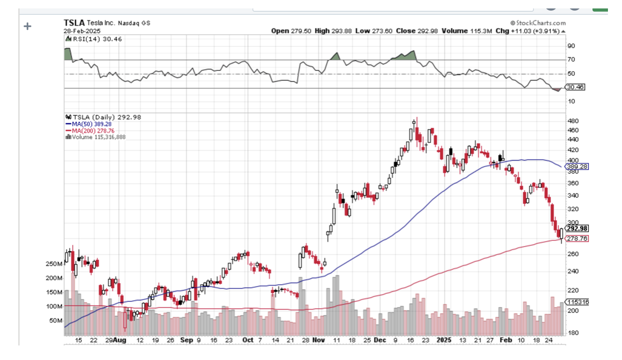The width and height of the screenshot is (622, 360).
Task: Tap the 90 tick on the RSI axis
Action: tap(571, 46)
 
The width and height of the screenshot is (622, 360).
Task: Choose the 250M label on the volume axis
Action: tap(53, 264)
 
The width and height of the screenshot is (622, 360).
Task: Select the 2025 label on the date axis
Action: tap(443, 339)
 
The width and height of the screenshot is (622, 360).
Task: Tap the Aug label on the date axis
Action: tap(120, 339)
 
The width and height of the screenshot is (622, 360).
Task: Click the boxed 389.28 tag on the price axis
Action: tap(577, 166)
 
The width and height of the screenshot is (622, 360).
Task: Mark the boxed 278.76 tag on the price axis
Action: tap(577, 239)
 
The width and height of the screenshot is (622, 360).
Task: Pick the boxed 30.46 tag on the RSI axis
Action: tap(575, 87)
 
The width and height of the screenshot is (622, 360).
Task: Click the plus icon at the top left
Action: tap(28, 26)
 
